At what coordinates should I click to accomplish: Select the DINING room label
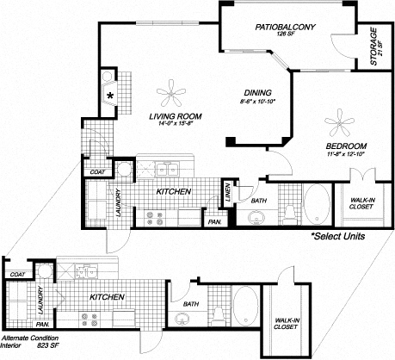coord(257,93)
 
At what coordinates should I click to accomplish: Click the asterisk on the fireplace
coord(112,96)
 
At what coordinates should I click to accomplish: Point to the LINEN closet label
coord(225,193)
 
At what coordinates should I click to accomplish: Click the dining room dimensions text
coord(257,103)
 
